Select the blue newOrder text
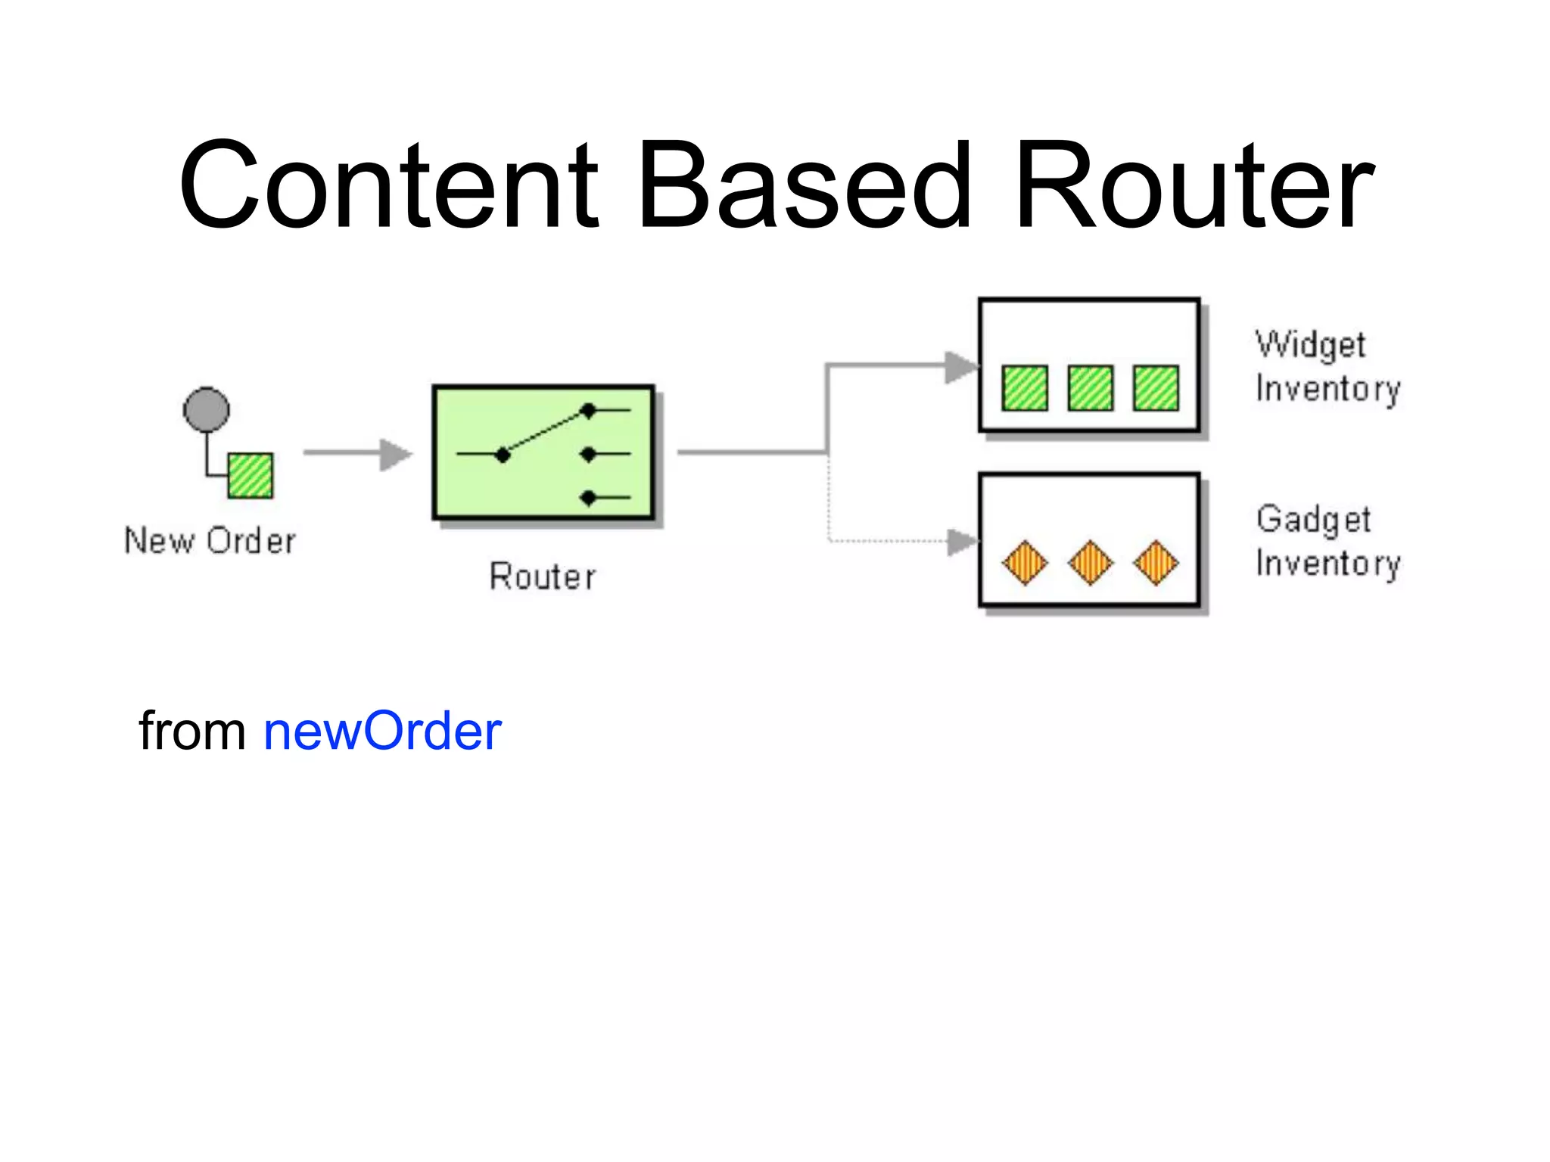(x=382, y=732)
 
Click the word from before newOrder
(x=192, y=732)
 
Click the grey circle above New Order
(x=207, y=410)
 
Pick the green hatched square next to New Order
(x=251, y=475)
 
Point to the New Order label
(x=210, y=541)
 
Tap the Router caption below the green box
(x=543, y=576)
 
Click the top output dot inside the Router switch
(x=588, y=411)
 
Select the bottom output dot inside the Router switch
(x=588, y=498)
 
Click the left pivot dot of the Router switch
(x=503, y=455)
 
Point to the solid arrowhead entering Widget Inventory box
(x=961, y=367)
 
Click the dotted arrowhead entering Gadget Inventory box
(x=963, y=542)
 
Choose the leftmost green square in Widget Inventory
(x=1025, y=388)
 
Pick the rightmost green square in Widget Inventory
(x=1156, y=388)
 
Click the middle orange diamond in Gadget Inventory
(x=1091, y=563)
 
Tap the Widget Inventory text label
(x=1327, y=367)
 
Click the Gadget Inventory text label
(x=1327, y=542)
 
